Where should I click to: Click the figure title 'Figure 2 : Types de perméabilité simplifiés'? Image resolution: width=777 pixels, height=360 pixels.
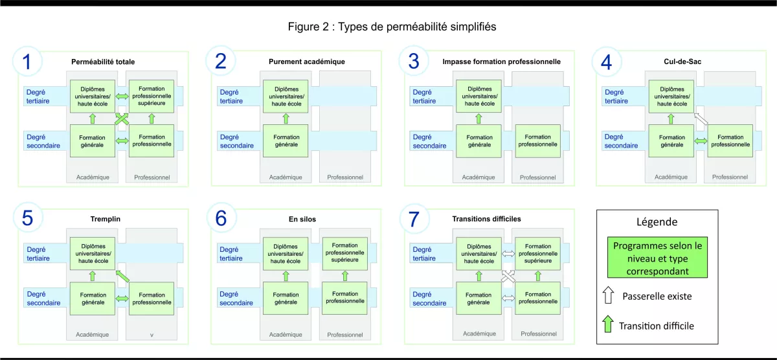click(392, 27)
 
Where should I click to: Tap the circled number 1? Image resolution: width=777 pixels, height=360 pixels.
click(27, 62)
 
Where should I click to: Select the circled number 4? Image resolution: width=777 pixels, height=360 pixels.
click(606, 62)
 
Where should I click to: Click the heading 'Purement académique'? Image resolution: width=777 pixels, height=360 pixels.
click(306, 62)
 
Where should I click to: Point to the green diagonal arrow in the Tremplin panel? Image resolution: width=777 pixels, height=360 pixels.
click(122, 276)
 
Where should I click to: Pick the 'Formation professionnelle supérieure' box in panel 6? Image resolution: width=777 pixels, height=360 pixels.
click(344, 253)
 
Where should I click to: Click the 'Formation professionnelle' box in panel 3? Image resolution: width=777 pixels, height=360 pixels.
click(537, 141)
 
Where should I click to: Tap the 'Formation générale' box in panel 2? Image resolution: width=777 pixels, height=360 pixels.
click(286, 141)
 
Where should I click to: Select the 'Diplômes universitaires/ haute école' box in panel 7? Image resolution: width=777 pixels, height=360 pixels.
click(479, 253)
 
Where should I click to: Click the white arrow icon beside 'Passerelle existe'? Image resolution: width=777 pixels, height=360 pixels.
click(607, 297)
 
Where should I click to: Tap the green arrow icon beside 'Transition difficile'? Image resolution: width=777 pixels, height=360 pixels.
click(607, 325)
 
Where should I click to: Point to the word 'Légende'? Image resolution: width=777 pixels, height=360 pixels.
click(657, 221)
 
